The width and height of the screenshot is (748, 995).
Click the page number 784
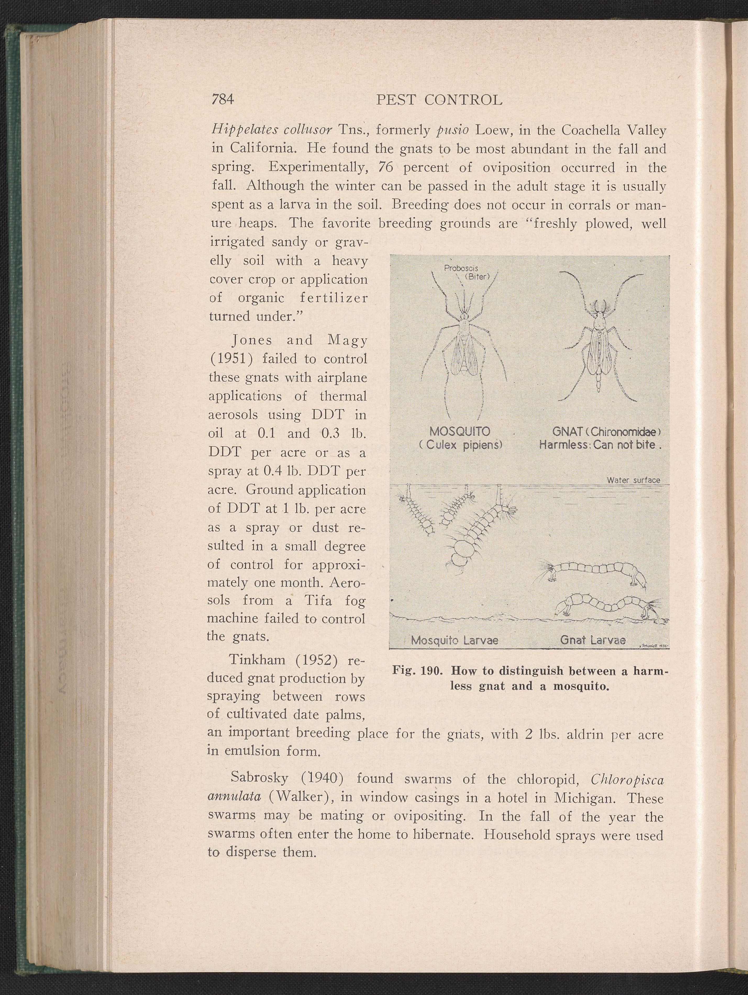[223, 99]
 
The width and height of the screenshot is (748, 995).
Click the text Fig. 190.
[418, 671]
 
